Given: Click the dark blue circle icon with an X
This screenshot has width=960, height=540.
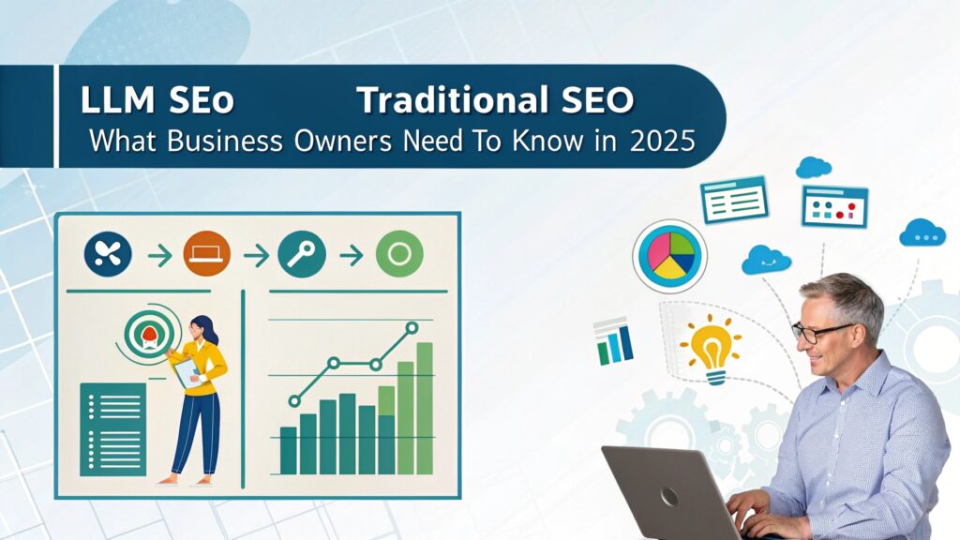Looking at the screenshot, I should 108,254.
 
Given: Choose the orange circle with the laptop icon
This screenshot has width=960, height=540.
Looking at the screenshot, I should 206,254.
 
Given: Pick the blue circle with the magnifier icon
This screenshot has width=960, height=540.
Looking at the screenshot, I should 302,254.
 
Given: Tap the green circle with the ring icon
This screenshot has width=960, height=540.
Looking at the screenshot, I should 399,254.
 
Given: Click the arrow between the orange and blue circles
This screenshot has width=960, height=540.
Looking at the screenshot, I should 254,254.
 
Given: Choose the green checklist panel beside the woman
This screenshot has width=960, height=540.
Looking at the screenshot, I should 113,428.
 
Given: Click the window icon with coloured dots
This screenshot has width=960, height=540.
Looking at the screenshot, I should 834,206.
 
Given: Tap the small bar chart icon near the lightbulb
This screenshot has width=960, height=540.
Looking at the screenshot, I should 613,341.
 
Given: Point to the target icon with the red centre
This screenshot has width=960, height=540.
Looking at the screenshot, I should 146,329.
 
